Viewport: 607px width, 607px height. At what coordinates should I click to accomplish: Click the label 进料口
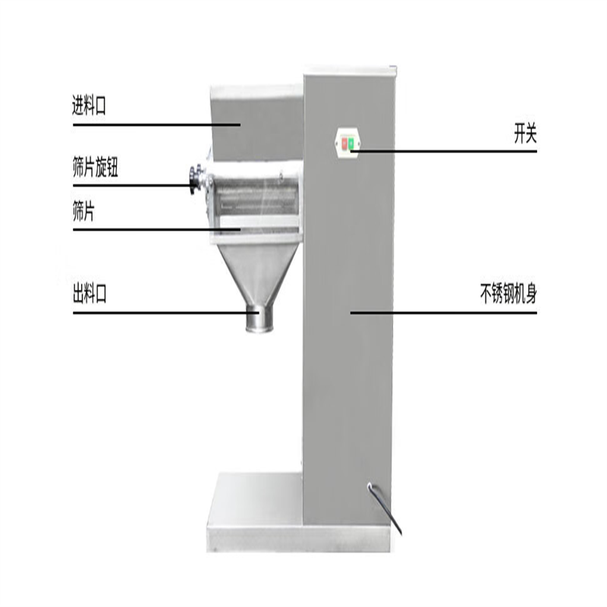(x=89, y=105)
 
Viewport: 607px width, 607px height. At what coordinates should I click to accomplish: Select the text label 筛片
(x=83, y=212)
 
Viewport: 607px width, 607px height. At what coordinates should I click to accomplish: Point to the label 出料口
(x=90, y=294)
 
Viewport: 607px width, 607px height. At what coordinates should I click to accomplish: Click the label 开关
(x=525, y=134)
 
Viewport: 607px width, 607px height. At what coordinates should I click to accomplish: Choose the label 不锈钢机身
(x=508, y=294)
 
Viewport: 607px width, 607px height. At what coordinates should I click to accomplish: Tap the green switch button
(x=351, y=144)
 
